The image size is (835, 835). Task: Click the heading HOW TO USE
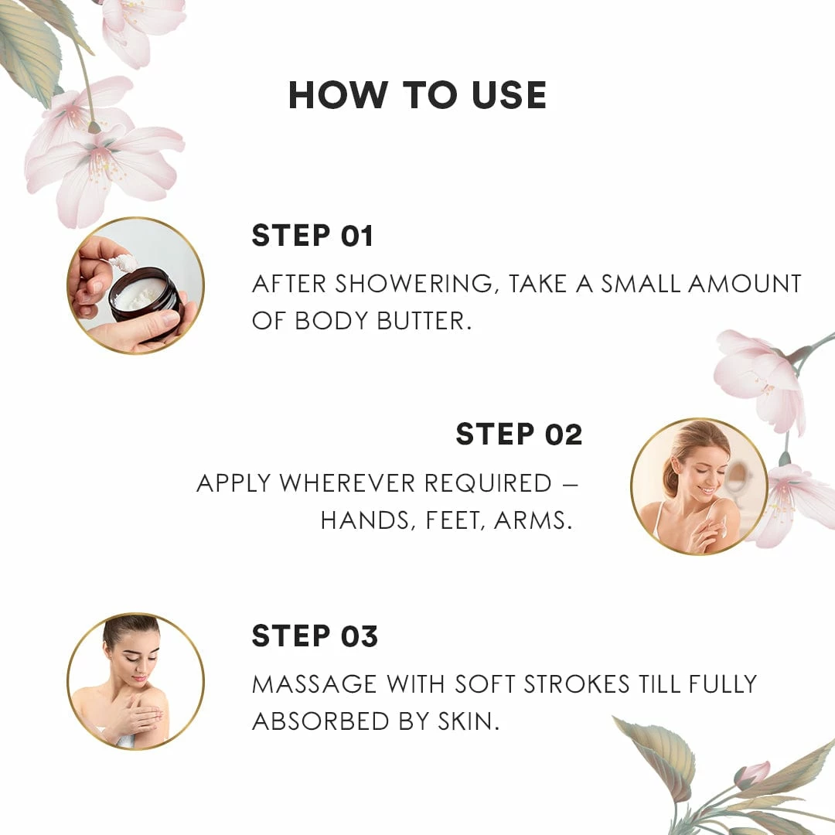point(417,95)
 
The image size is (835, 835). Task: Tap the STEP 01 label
point(312,236)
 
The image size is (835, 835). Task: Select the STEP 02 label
point(520,435)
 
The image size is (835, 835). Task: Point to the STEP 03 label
point(315,636)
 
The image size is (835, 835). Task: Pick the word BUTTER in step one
point(424,321)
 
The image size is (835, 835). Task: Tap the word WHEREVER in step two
point(347,483)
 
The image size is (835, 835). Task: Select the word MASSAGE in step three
point(314,684)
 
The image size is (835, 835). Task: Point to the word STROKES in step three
point(577,684)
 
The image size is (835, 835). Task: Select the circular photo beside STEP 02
point(699,487)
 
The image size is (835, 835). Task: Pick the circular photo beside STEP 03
point(136,682)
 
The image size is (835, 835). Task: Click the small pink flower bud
point(752,775)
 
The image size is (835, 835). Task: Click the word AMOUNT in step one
point(745,284)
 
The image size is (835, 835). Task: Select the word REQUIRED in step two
point(488,483)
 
